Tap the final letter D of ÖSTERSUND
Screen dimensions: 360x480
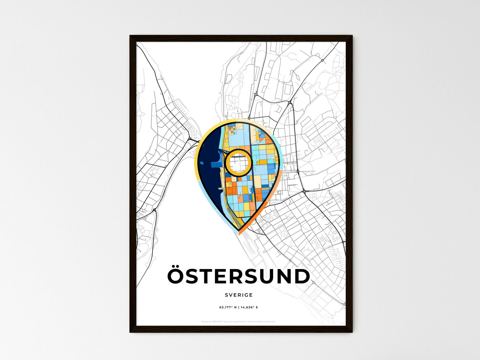(x=302, y=277)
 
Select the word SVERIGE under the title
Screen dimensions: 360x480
(x=239, y=295)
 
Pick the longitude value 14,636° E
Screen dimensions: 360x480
(x=249, y=308)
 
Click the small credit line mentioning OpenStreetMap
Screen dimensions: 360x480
(x=239, y=321)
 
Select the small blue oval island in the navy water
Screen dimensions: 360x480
(x=212, y=164)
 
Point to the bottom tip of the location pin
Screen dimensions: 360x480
(x=239, y=231)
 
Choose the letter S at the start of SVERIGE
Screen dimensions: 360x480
(x=226, y=295)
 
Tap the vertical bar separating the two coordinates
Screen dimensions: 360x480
(x=239, y=308)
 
